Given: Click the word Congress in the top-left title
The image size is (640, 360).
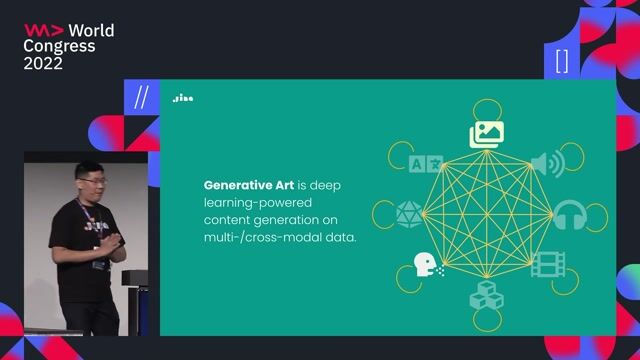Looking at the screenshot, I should point(59,46).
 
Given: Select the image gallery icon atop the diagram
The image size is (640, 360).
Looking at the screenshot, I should point(487,133).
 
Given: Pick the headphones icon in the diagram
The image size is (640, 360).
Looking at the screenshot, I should point(570,214).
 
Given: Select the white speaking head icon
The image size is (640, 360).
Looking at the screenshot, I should point(426,264).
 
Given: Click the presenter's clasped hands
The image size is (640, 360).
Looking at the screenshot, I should point(115,241).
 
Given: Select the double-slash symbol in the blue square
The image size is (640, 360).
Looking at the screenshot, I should point(141,98).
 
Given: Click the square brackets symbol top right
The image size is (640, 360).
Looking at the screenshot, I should point(561,62).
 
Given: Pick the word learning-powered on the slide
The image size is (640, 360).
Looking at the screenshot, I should point(250,203).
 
